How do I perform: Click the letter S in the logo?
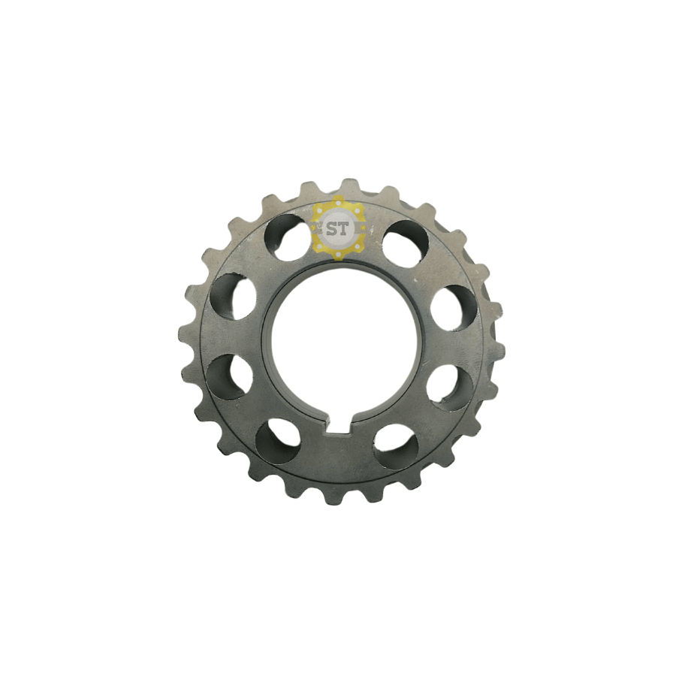pos(332,228)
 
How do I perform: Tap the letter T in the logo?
pos(343,228)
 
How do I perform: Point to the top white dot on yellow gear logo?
pos(338,204)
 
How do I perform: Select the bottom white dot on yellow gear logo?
pos(338,254)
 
